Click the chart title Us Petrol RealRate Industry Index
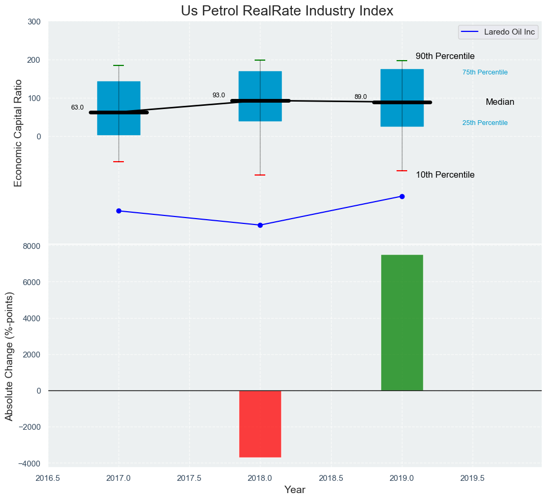coord(287,11)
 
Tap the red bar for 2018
coord(260,423)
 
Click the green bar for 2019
coord(402,322)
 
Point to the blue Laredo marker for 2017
coord(119,211)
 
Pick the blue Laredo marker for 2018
coord(260,225)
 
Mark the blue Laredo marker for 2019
coord(402,196)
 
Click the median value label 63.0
coord(78,107)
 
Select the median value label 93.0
coord(219,95)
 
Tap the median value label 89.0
coord(361,97)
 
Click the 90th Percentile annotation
coord(445,56)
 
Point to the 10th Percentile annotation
coord(445,175)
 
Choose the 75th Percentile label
coord(485,72)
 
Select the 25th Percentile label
coord(485,123)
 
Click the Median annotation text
coord(500,102)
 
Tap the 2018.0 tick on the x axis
coord(260,478)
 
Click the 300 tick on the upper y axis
coord(33,22)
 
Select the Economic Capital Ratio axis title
coord(18,133)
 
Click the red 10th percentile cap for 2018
coord(260,175)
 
